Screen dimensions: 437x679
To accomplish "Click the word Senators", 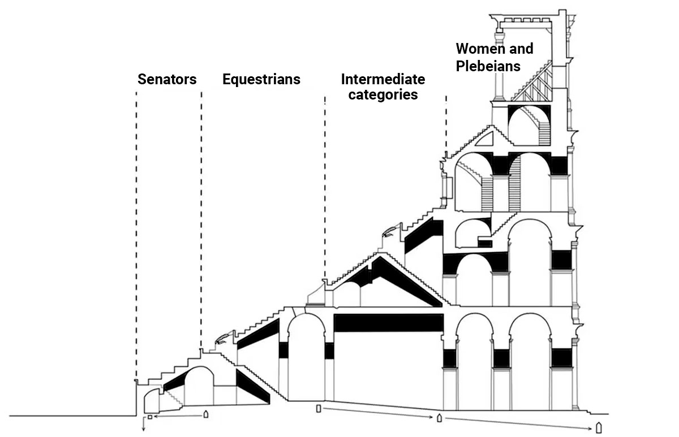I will (x=167, y=79).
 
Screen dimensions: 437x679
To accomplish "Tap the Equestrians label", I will (x=261, y=79).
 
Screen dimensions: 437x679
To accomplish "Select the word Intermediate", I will (x=383, y=79).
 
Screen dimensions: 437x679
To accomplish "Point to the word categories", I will (x=383, y=94).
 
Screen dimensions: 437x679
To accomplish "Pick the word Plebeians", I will (x=488, y=66).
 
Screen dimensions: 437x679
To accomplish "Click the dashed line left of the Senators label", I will (x=136, y=226).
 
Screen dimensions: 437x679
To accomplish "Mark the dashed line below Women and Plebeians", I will (x=446, y=124).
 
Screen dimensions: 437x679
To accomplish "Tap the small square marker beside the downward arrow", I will (x=150, y=417).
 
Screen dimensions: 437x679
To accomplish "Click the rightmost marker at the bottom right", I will (x=599, y=427).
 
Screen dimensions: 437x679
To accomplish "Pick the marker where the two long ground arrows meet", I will (x=439, y=418).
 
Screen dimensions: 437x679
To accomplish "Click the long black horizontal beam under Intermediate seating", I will (x=388, y=322).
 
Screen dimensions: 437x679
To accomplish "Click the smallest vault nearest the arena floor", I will (x=151, y=400).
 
